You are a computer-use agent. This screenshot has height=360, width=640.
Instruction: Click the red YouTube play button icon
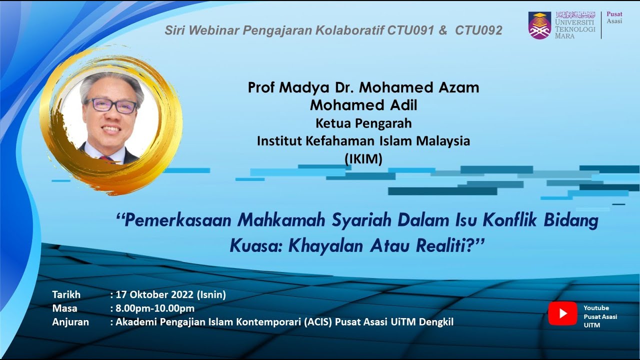pyautogui.click(x=562, y=313)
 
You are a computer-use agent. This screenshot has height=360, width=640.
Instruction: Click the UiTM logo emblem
pyautogui.click(x=539, y=25)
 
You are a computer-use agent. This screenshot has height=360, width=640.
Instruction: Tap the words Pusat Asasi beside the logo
pyautogui.click(x=614, y=17)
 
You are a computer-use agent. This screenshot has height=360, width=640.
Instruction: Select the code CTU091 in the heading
pyautogui.click(x=410, y=31)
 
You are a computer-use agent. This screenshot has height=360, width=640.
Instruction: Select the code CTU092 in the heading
pyautogui.click(x=478, y=31)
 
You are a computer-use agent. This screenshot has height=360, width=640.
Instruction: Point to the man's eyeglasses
pyautogui.click(x=110, y=105)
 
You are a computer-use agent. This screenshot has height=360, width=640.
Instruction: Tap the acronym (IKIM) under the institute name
pyautogui.click(x=363, y=159)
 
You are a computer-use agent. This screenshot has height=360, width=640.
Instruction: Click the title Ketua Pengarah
pyautogui.click(x=363, y=123)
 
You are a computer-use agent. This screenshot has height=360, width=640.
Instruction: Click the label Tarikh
pyautogui.click(x=66, y=294)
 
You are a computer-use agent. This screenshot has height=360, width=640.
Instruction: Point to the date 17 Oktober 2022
pyautogui.click(x=156, y=294)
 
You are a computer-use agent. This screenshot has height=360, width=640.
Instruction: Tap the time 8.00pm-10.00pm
pyautogui.click(x=155, y=308)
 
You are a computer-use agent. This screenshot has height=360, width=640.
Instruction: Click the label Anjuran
pyautogui.click(x=70, y=322)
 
